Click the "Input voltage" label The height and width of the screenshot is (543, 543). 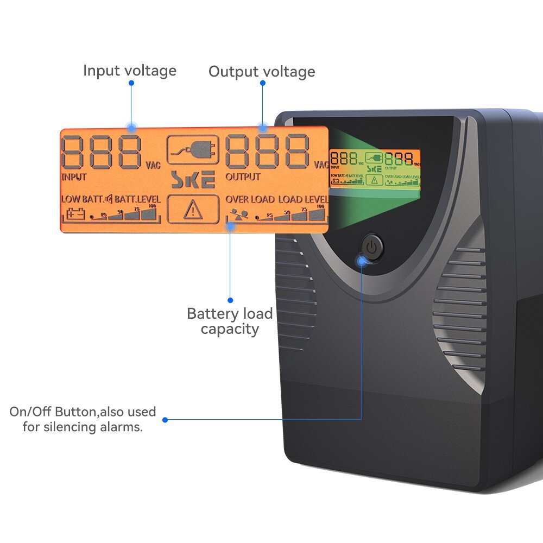pos(130,71)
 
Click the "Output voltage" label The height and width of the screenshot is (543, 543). pos(262,72)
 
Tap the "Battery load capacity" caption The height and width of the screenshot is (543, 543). pos(230,321)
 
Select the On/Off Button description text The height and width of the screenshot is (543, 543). pos(83,419)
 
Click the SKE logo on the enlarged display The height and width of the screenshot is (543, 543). pos(193,180)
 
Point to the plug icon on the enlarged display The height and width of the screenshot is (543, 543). pos(193,149)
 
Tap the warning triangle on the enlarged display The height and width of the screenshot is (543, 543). pos(193,210)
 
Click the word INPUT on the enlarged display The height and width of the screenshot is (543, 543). pos(74,177)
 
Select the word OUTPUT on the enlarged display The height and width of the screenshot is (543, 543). pos(243,177)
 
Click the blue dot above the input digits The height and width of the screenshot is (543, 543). pos(131,83)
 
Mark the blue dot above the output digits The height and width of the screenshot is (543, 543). pos(262,83)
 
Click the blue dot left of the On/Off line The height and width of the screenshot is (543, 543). pos(165,420)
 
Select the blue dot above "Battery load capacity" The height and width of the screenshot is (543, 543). pos(230,300)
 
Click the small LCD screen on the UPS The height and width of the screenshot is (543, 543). pos(375,168)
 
